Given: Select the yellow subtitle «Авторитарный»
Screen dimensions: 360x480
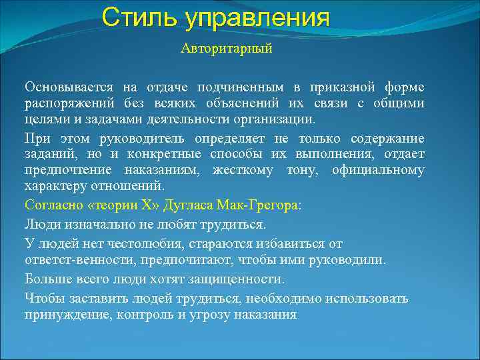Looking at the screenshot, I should (x=227, y=50).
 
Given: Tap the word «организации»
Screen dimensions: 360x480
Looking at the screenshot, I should (x=275, y=119).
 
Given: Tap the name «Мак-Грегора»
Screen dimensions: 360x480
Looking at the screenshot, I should (x=260, y=206).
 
